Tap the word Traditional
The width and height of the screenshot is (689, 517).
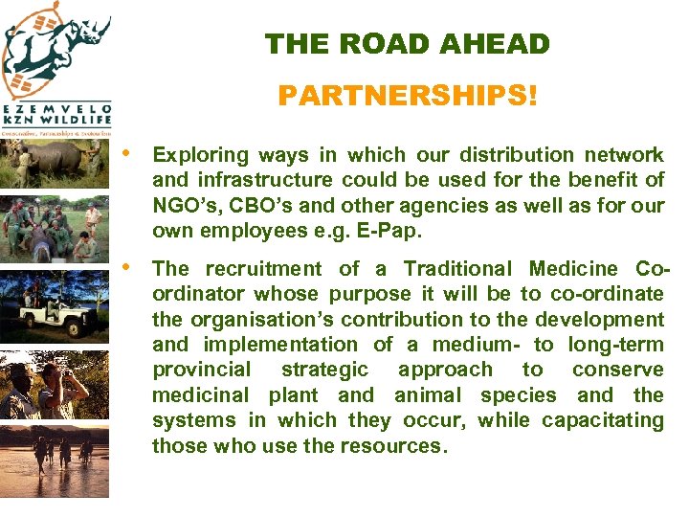(x=460, y=269)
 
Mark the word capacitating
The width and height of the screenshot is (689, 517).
(x=602, y=420)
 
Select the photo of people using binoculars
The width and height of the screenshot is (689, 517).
(x=55, y=388)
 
